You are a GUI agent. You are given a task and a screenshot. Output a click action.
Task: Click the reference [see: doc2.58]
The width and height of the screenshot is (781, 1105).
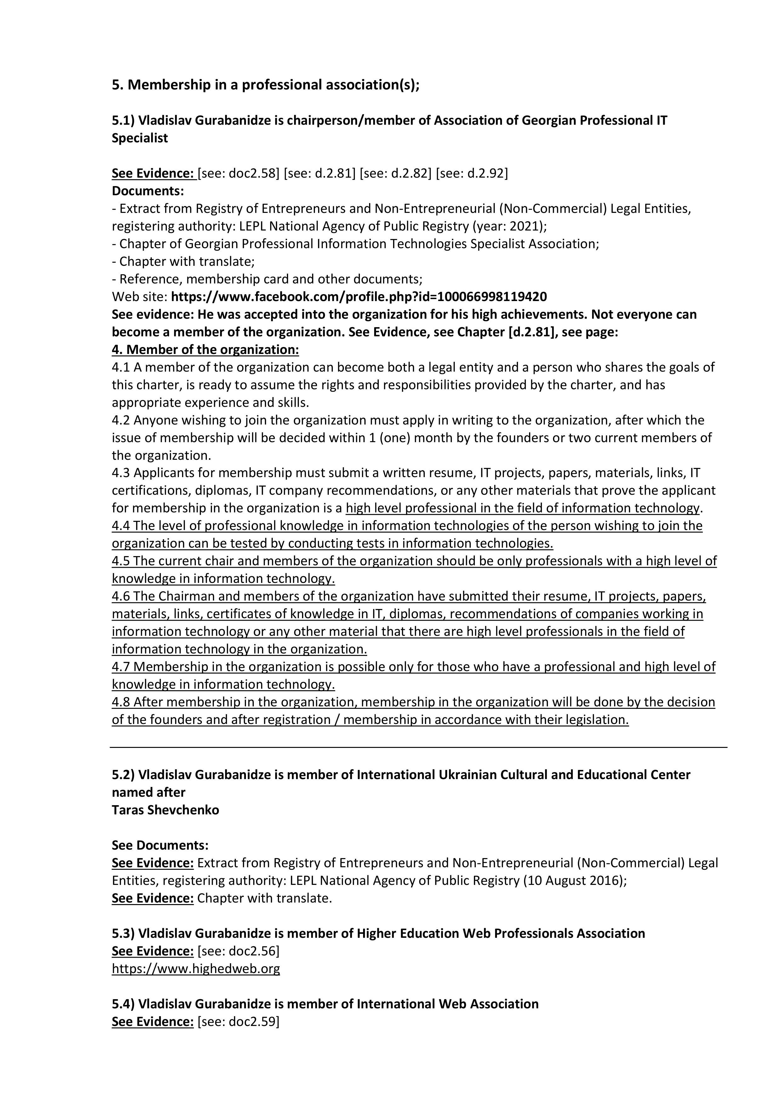239,173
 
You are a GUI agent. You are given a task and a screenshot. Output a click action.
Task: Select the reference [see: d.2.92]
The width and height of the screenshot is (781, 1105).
471,173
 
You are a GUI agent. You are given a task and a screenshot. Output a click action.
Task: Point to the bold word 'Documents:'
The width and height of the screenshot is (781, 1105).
148,191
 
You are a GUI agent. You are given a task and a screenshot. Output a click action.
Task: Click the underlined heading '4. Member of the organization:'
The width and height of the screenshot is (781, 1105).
205,350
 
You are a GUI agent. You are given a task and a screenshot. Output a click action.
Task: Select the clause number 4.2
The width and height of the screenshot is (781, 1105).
121,420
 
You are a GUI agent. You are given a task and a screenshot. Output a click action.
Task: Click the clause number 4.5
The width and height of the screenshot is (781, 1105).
121,561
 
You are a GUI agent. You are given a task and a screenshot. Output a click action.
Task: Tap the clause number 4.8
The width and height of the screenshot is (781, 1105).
121,702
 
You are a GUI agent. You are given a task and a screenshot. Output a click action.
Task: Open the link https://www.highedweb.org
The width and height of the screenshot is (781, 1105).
196,969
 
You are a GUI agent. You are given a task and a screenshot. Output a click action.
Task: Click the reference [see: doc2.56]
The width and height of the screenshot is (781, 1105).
239,951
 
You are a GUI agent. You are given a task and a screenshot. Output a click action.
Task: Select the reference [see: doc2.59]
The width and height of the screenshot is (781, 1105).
239,1022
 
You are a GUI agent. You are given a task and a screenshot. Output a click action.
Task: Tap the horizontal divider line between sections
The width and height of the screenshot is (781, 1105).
419,747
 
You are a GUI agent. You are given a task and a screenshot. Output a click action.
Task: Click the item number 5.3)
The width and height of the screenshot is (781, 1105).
123,934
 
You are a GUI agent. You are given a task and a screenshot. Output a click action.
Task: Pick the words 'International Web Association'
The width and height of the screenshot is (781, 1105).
447,1004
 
